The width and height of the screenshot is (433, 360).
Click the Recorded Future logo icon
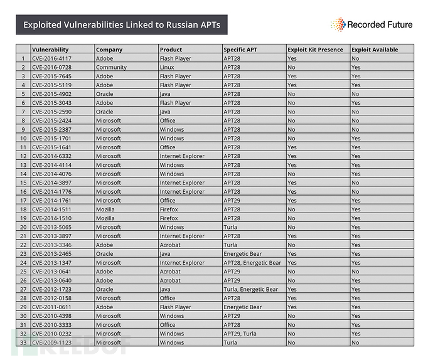click(338, 24)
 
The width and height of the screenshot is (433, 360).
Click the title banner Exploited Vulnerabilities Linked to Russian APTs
click(122, 25)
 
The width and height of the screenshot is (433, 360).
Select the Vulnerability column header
click(51, 50)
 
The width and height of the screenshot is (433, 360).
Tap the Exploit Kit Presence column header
click(315, 50)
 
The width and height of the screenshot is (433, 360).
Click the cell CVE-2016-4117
click(53, 58)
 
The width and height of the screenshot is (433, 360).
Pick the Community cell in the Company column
click(111, 67)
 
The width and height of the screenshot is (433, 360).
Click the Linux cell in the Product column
click(168, 67)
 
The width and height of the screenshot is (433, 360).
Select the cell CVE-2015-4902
click(53, 94)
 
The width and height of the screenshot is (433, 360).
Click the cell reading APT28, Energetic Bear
click(252, 263)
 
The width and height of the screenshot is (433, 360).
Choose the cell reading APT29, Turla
click(240, 334)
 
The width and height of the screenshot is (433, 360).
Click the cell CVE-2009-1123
click(53, 343)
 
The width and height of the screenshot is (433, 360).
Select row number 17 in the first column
click(23, 201)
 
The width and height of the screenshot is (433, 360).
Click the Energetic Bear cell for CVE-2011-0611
click(243, 307)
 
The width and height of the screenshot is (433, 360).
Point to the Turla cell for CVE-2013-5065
click(230, 227)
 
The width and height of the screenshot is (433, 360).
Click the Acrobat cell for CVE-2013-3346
click(170, 245)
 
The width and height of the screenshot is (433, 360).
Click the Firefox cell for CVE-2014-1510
click(169, 218)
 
